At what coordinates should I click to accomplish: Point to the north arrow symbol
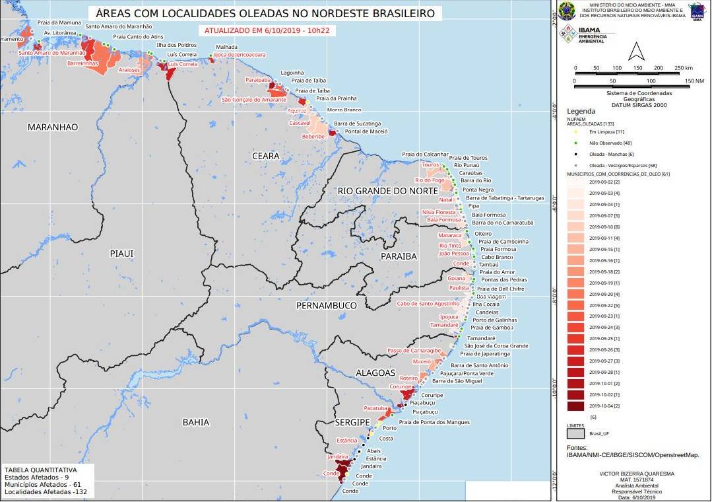click(634, 51)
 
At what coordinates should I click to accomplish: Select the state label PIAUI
click(122, 254)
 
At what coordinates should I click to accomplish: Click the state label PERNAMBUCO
click(327, 305)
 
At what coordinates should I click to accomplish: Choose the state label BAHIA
click(196, 422)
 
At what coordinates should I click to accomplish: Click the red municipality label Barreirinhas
click(82, 63)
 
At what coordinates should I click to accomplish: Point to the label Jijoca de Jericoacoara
click(238, 55)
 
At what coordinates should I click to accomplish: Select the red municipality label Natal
click(447, 199)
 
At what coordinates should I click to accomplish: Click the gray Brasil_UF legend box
click(575, 434)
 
